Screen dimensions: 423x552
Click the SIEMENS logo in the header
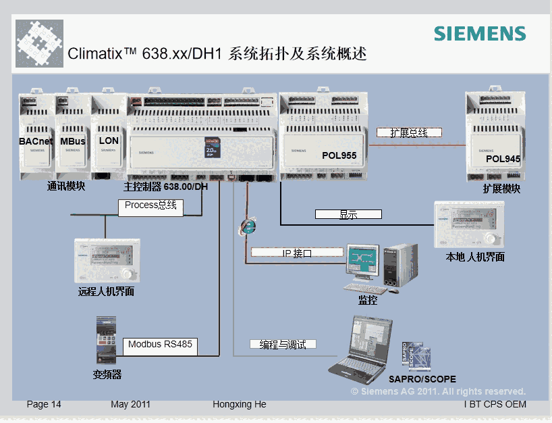coord(480,34)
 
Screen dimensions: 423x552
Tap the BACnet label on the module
coord(36,141)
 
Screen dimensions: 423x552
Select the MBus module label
coord(73,141)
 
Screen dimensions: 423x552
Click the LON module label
coord(109,141)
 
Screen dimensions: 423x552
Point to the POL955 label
coord(339,155)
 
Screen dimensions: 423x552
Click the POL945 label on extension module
coord(503,159)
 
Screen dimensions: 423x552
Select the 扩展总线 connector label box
coord(409,132)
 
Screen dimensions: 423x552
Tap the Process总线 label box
coord(150,205)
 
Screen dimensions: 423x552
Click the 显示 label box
coord(348,215)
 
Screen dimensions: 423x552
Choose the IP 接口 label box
coord(297,253)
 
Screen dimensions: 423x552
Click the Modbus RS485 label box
coord(160,345)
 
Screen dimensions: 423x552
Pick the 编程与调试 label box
coord(283,345)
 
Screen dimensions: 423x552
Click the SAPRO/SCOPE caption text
coord(422,379)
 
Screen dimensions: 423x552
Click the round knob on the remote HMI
coord(128,274)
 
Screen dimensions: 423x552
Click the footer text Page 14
coord(44,404)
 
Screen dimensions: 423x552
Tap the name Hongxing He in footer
coord(240,404)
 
